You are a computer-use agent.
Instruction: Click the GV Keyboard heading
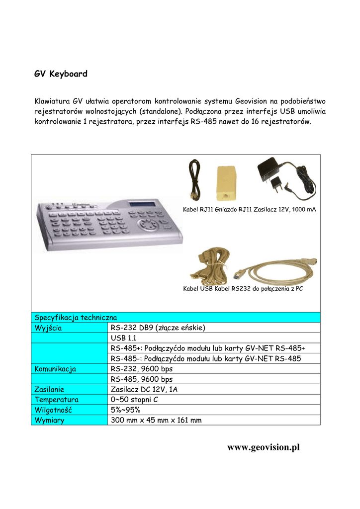(61, 74)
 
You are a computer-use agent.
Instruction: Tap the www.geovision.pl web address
(264, 447)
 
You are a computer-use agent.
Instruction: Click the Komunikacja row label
(55, 369)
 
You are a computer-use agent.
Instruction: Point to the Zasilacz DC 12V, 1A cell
(144, 390)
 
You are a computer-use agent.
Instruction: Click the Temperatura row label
(56, 400)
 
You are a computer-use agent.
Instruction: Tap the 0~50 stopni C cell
(134, 400)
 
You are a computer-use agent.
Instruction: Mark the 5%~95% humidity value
(125, 410)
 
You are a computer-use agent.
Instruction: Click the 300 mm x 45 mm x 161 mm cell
(156, 421)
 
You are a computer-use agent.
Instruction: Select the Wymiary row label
(49, 421)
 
